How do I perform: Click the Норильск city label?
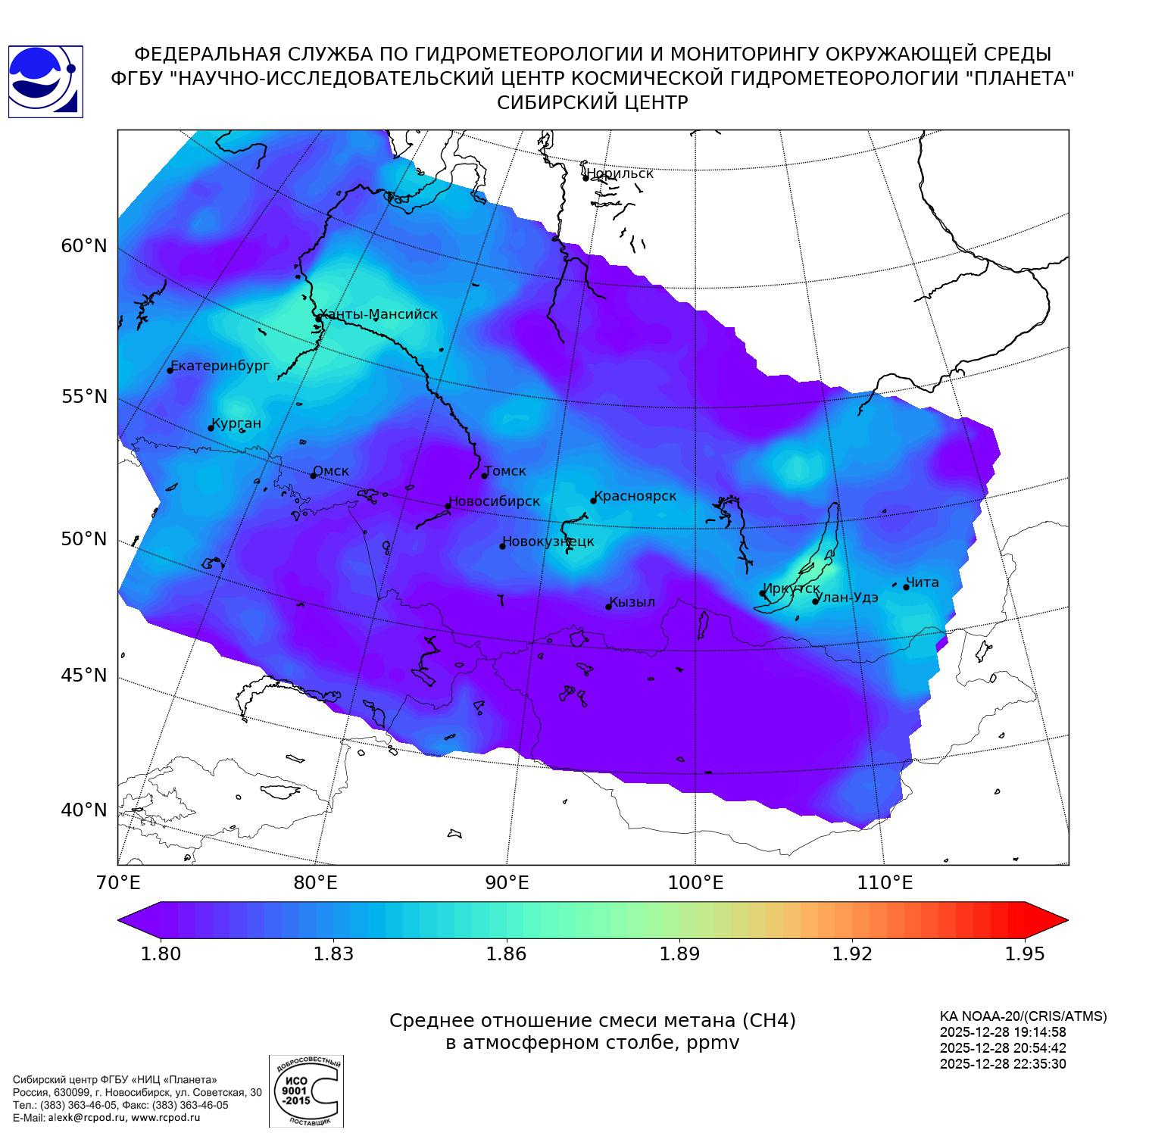(620, 173)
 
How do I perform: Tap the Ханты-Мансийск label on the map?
(379, 314)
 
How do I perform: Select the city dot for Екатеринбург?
(170, 370)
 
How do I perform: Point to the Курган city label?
(236, 423)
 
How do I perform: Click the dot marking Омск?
(313, 476)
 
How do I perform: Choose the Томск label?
(505, 471)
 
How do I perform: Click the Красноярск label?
(635, 497)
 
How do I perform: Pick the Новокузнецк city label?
(549, 541)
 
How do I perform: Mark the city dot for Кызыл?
(608, 607)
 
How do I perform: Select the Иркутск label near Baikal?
(792, 588)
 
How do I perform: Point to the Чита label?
(923, 582)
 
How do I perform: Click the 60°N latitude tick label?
(84, 246)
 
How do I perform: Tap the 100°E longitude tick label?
(695, 882)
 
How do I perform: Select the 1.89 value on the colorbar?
(679, 953)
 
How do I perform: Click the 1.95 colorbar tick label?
(1024, 953)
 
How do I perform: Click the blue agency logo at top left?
(45, 82)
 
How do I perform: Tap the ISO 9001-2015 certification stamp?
(306, 1091)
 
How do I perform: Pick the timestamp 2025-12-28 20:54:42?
(1003, 1048)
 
